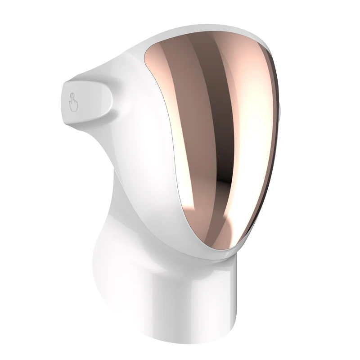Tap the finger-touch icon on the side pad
(x=73, y=102)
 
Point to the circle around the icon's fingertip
(x=72, y=95)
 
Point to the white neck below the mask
(x=135, y=252)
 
